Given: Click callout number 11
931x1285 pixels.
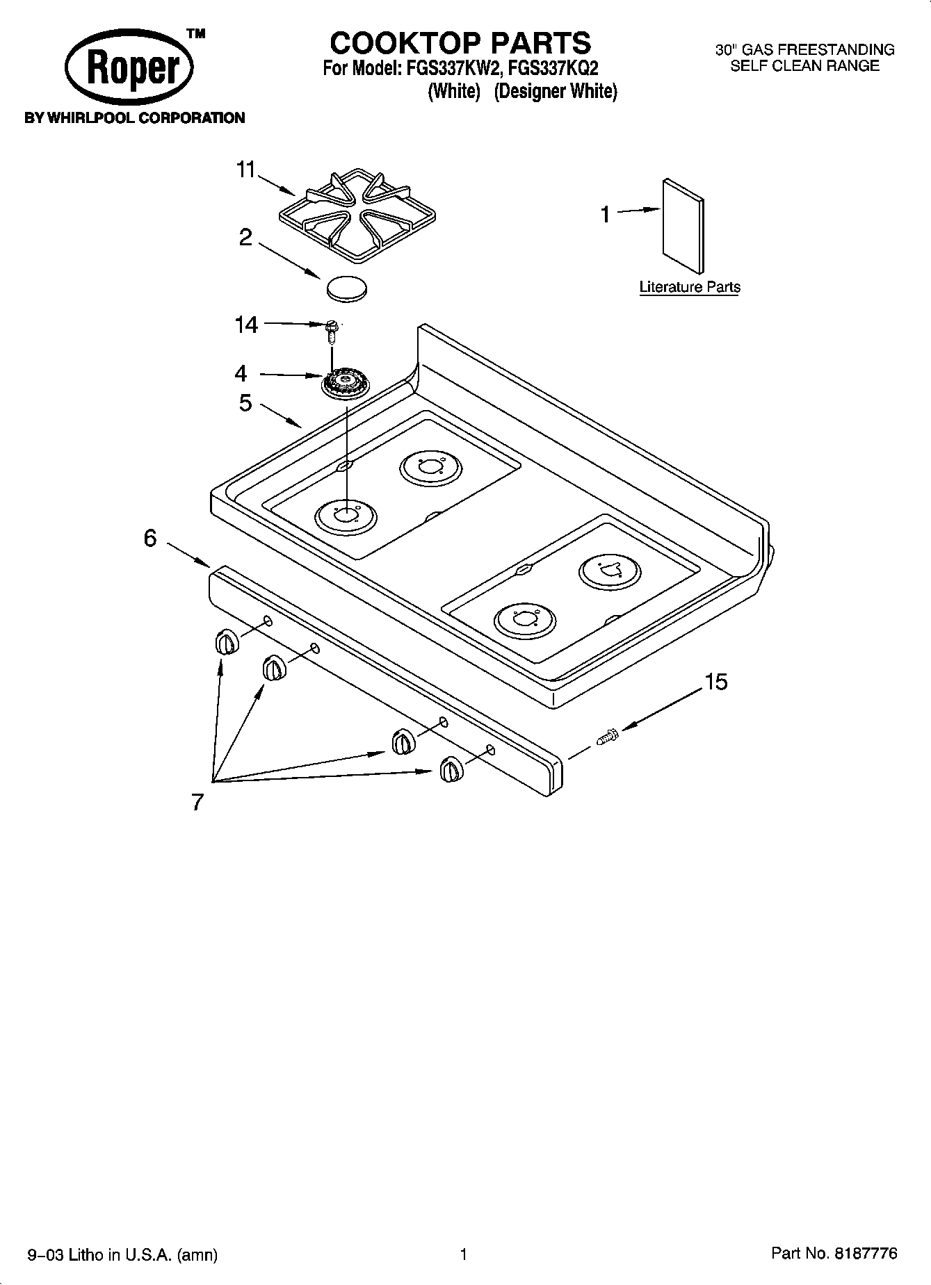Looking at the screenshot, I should click(246, 170).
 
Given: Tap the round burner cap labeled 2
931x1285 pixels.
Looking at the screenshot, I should click(346, 288).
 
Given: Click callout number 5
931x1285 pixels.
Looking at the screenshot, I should click(245, 403).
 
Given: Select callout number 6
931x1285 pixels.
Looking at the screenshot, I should click(150, 538).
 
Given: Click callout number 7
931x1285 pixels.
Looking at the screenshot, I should click(197, 802).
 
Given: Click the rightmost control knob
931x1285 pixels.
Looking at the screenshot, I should click(450, 770).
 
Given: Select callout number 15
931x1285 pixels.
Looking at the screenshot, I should click(715, 682).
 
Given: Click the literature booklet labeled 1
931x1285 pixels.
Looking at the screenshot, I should click(682, 226).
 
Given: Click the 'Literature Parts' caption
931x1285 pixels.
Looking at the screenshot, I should click(689, 287).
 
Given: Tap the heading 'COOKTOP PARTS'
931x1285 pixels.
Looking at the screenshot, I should click(460, 43).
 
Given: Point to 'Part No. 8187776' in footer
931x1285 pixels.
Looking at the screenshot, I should click(834, 1253).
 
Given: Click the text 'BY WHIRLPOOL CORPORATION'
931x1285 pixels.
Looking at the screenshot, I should click(135, 118).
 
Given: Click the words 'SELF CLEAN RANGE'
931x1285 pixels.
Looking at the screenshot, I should click(804, 66).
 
